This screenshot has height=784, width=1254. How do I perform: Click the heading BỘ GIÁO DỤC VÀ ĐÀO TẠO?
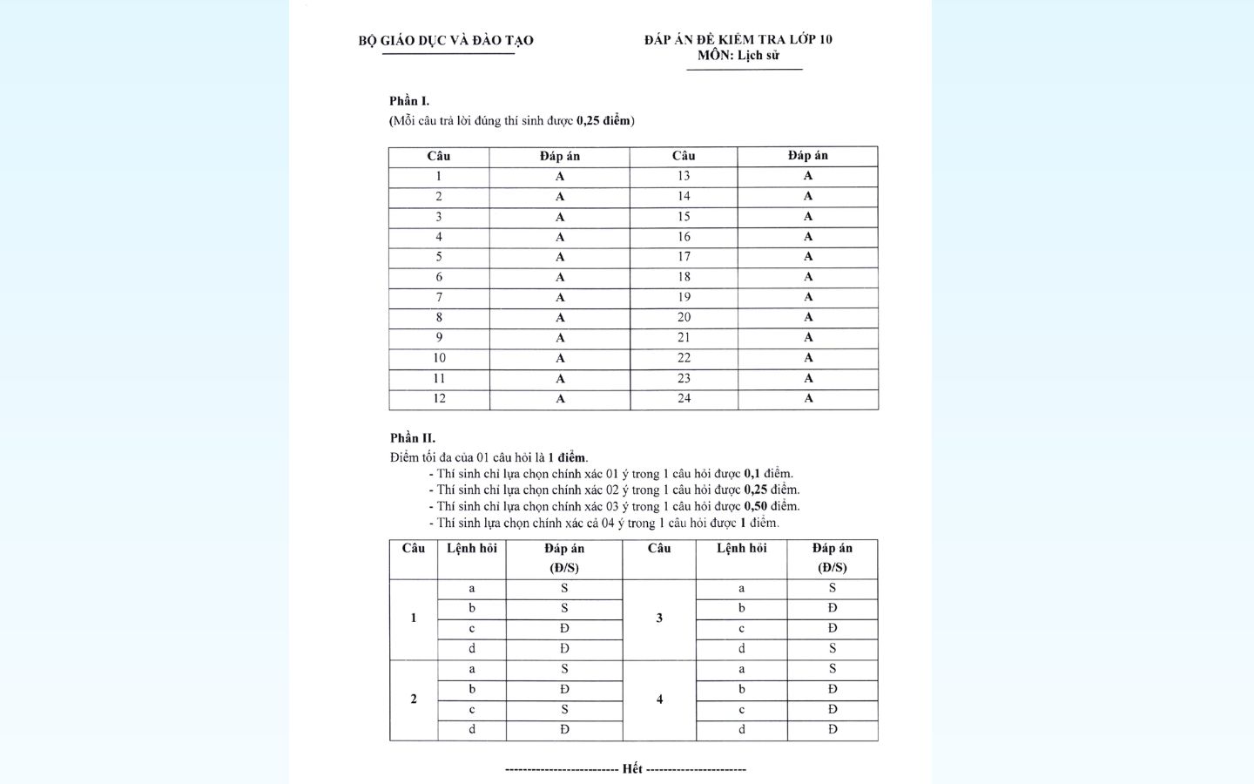pos(446,40)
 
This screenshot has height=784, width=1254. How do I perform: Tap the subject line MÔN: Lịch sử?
pos(738,56)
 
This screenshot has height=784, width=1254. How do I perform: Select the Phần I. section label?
pos(409,101)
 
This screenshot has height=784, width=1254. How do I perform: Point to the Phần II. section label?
pos(413,438)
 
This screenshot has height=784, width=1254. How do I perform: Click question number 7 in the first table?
pos(439,297)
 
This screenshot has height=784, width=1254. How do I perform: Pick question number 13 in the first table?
pos(684,176)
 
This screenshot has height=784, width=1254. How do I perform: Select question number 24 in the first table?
pos(684,398)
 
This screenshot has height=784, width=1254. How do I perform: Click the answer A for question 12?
pos(560,399)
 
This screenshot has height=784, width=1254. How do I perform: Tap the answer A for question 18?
pos(808,277)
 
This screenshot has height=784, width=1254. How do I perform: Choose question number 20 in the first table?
pos(684,317)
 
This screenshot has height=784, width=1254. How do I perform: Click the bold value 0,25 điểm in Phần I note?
pos(604,121)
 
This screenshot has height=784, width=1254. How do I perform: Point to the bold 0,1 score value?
pos(752,474)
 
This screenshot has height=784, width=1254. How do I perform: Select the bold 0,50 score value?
pos(756,506)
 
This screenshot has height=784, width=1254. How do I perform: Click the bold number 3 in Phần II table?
pos(659,618)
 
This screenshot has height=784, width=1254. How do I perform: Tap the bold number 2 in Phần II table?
pos(414,699)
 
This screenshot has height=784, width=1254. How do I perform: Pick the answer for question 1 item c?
pos(564,628)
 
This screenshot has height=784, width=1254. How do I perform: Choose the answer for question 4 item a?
pos(833,669)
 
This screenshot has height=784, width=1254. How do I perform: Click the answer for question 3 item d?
pos(833,648)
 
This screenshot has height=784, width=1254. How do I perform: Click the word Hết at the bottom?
pos(632,769)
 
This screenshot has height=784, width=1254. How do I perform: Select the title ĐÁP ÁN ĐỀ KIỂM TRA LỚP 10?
pos(738,39)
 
